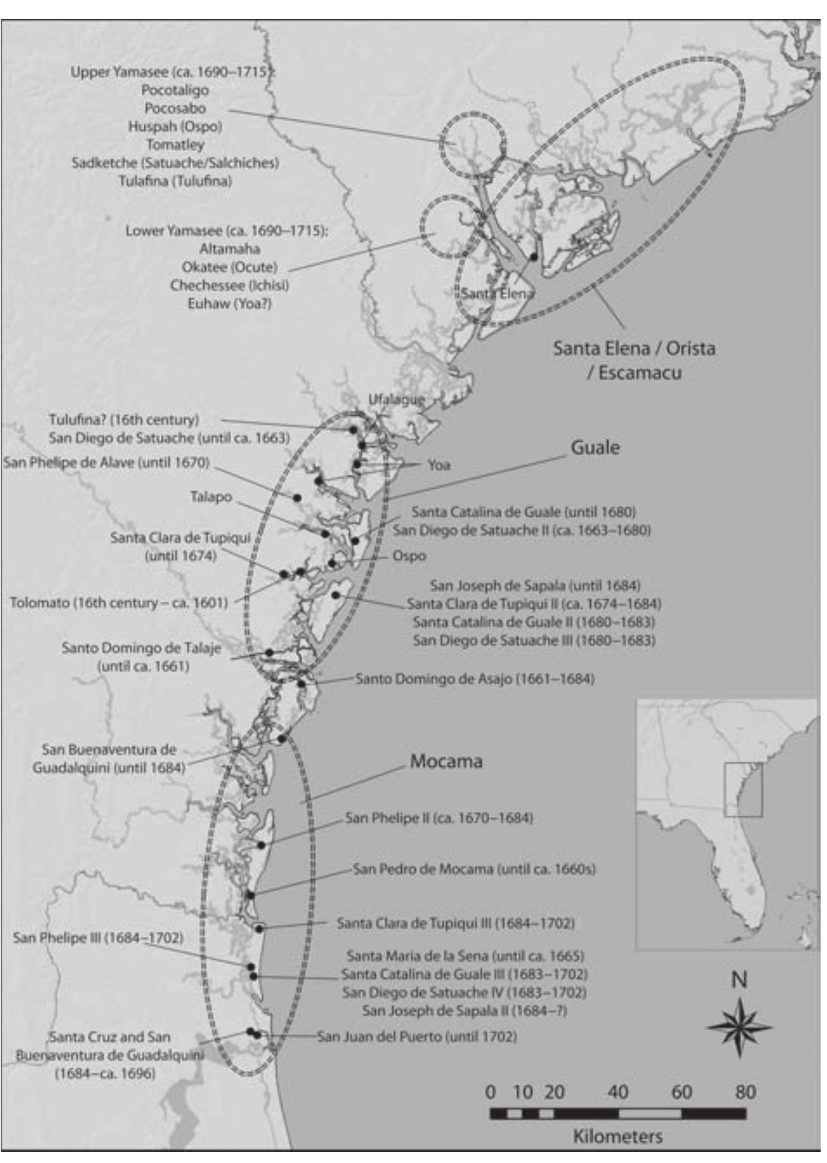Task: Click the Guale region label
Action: point(595,448)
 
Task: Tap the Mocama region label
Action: point(446,761)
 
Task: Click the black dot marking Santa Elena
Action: point(534,257)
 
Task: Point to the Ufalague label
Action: point(396,399)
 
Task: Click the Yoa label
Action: point(439,465)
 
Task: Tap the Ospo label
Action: point(409,556)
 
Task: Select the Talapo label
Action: point(211,496)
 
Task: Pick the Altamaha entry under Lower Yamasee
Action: point(229,248)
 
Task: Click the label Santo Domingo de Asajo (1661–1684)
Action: point(475,679)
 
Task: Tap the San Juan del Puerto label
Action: point(417,1036)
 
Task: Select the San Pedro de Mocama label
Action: point(474,869)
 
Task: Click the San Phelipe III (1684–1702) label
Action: point(98,938)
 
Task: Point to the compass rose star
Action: point(739,1027)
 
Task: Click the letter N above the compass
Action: point(739,980)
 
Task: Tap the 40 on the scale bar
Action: point(617,1092)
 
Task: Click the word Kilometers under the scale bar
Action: point(617,1136)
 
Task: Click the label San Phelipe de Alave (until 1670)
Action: point(106,463)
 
